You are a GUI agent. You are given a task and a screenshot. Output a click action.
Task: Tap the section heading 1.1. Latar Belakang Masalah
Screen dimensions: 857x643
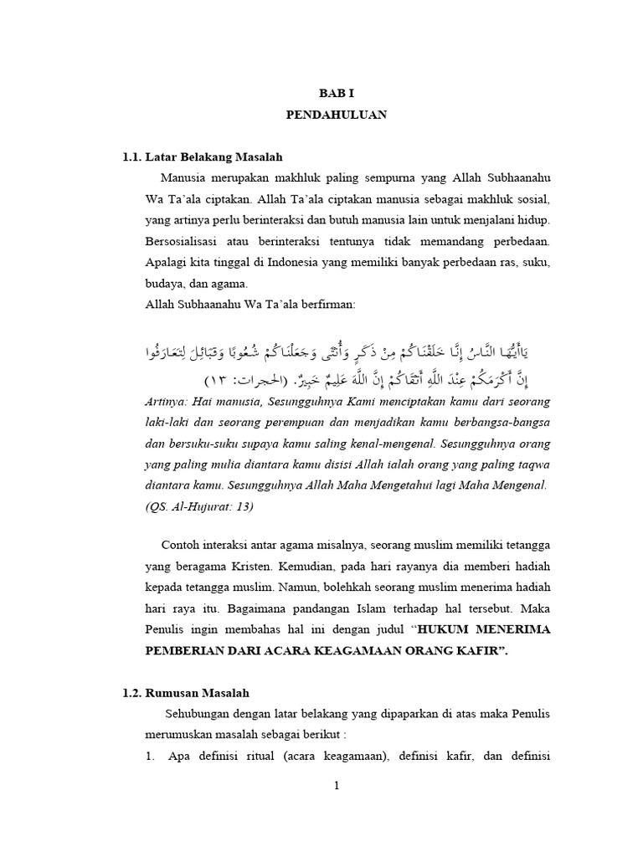[203, 157]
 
